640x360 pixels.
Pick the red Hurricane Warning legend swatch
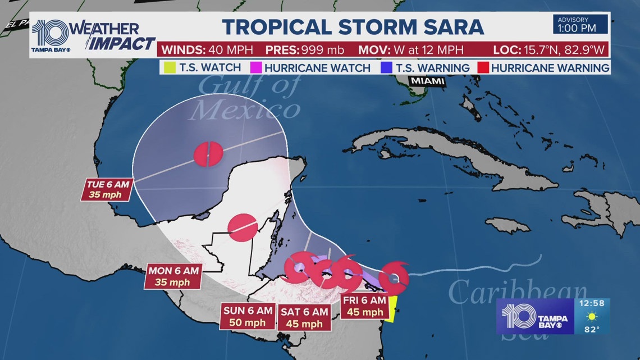point(482,68)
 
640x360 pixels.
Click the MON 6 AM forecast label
point(173,276)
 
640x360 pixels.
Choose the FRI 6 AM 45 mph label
point(364,307)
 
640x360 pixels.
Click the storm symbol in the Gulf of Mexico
point(208,153)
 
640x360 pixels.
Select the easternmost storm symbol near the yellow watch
point(393,278)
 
